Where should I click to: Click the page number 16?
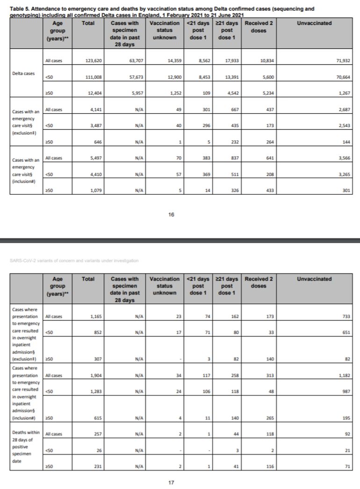pyautogui.click(x=171, y=215)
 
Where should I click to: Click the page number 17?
pyautogui.click(x=171, y=482)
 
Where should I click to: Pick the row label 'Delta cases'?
pyautogui.click(x=23, y=74)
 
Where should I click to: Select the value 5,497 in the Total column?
pyautogui.click(x=95, y=158)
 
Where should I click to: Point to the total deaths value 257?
pyautogui.click(x=97, y=434)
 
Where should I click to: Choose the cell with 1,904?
pyautogui.click(x=95, y=375)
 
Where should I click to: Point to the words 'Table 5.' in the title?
pyautogui.click(x=20, y=9)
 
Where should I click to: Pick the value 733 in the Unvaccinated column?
pyautogui.click(x=346, y=316)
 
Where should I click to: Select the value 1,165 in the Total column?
pyautogui.click(x=95, y=316)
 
